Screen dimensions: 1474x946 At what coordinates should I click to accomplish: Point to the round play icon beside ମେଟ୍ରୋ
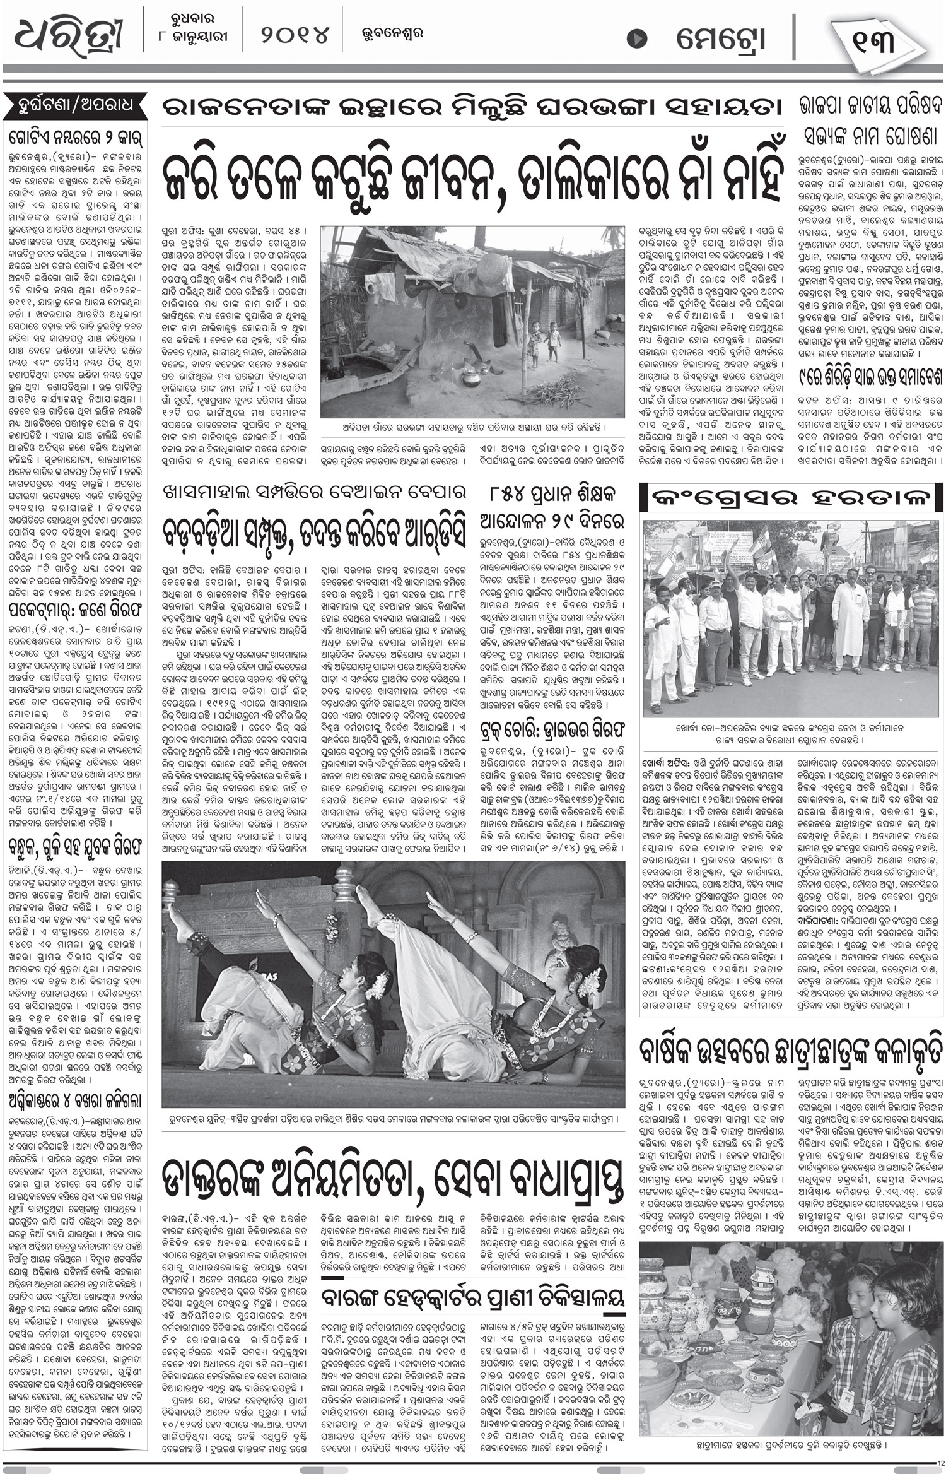point(638,38)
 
